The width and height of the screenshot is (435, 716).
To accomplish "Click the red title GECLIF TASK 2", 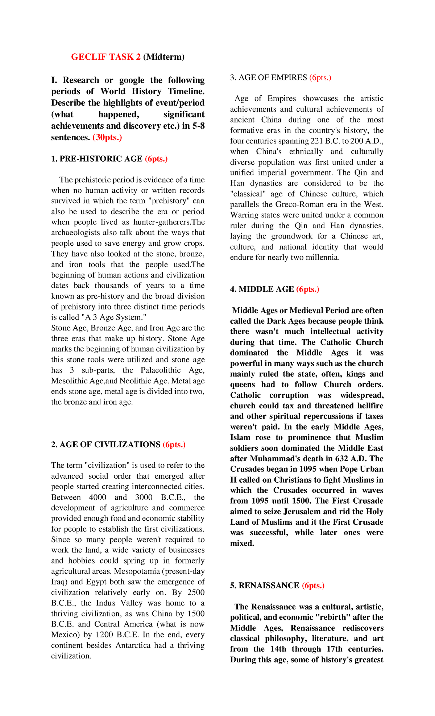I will point(105,57).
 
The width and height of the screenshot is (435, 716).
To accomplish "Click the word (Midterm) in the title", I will point(164,57).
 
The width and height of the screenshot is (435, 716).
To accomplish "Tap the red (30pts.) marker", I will point(107,137).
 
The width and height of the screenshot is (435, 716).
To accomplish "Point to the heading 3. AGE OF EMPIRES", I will point(269,78).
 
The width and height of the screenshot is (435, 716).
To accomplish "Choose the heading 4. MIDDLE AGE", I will point(262,289).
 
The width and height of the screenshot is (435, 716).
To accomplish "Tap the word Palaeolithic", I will point(161,370).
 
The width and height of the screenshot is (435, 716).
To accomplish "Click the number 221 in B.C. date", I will point(317,141).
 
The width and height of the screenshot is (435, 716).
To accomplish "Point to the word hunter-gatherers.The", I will point(169,222).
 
